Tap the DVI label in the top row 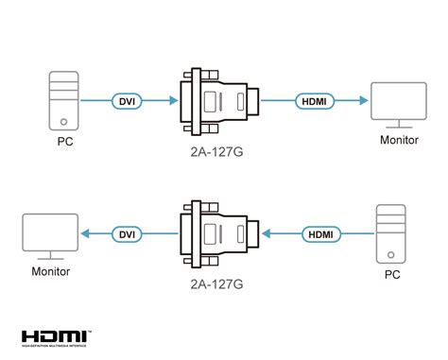coord(127,99)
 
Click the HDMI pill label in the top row coord(311,99)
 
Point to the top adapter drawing coord(218,99)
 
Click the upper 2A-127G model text coord(219,148)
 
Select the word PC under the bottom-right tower coord(390,276)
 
